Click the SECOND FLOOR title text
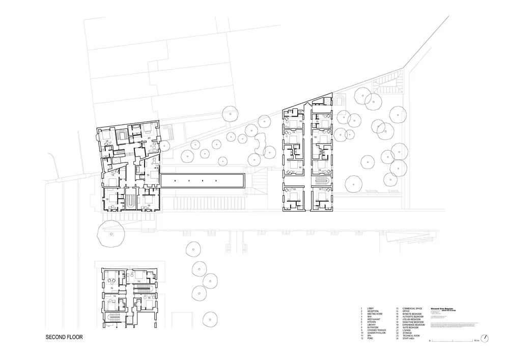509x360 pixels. coord(64,337)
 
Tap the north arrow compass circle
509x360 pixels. coord(487,338)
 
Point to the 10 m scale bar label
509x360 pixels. coord(476,340)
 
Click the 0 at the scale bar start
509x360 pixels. coord(430,340)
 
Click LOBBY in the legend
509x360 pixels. coord(370,309)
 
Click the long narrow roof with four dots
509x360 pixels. coord(203,180)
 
